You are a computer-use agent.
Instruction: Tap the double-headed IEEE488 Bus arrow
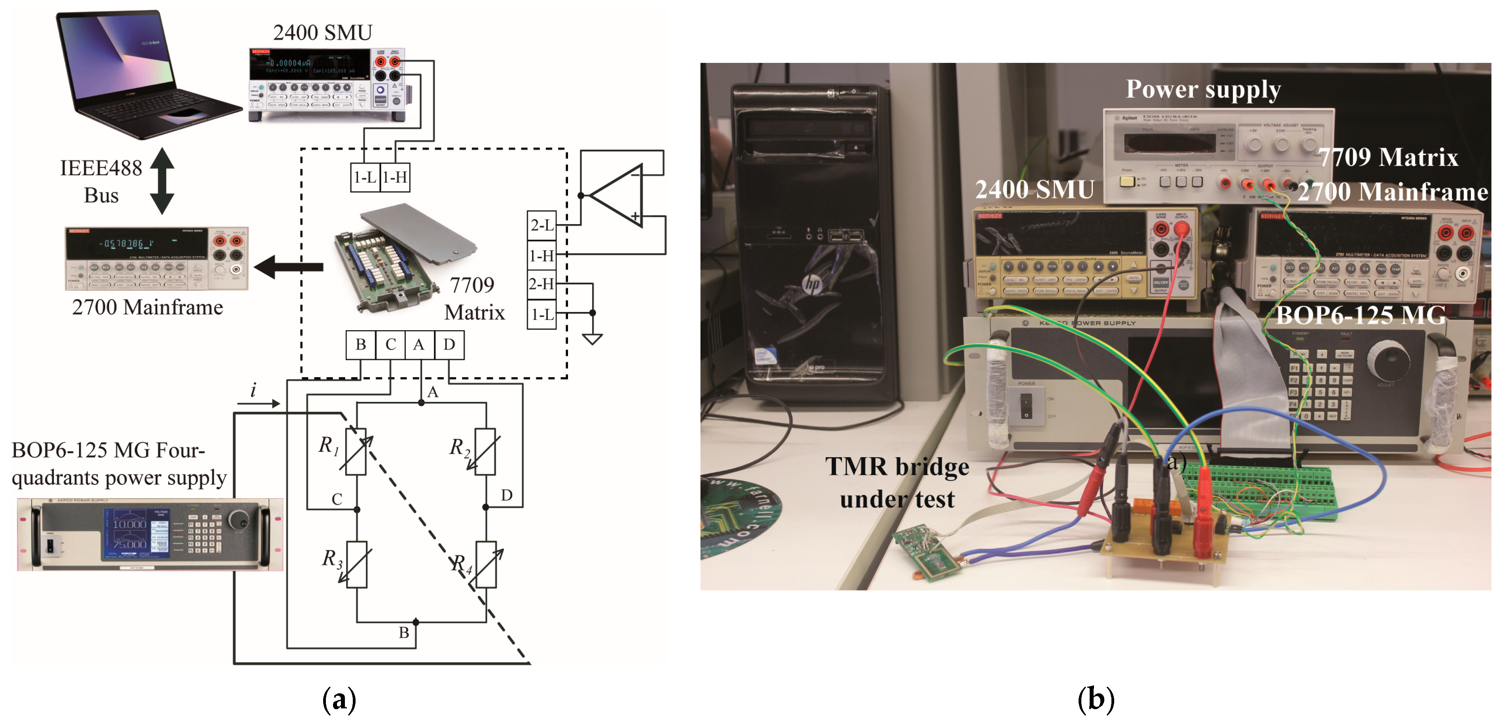click(x=162, y=181)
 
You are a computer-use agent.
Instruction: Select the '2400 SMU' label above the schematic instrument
click(x=322, y=32)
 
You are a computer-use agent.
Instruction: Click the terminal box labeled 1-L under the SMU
click(x=365, y=177)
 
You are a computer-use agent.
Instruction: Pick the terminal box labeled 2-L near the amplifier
click(x=541, y=225)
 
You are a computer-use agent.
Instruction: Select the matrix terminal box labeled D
click(x=449, y=345)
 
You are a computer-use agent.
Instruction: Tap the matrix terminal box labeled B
click(x=361, y=345)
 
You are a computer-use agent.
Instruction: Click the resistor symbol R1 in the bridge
click(x=356, y=452)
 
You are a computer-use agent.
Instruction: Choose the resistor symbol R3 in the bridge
click(x=356, y=564)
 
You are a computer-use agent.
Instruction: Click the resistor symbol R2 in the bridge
click(x=485, y=452)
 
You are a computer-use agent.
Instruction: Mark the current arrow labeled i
click(x=258, y=402)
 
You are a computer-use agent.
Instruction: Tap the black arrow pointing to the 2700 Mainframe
click(x=288, y=267)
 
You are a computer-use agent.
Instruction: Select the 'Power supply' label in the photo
click(x=1203, y=89)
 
